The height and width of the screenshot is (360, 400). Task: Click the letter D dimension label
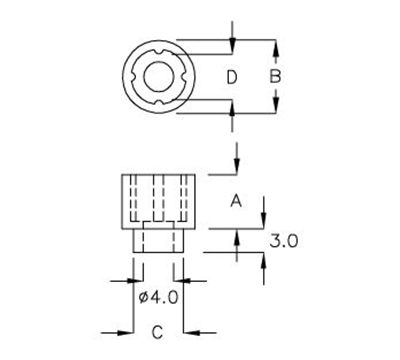[231, 77]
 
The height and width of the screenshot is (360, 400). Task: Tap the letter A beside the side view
[237, 201]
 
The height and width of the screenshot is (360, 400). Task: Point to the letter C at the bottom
[157, 331]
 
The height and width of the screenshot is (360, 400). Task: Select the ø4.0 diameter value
[158, 296]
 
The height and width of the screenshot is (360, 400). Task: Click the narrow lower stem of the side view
[158, 241]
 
